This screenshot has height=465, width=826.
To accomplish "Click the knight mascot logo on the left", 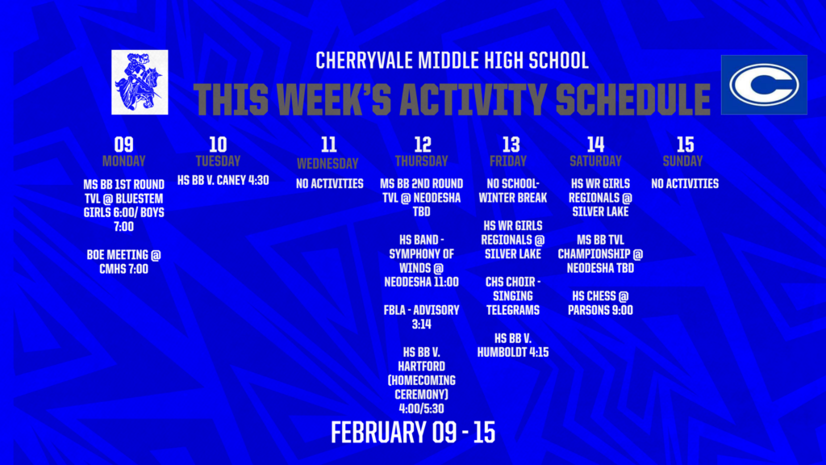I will [140, 82].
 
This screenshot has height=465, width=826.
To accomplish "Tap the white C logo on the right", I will [763, 84].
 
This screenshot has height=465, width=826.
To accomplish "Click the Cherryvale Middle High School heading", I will [452, 61].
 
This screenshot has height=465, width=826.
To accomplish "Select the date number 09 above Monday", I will [123, 145].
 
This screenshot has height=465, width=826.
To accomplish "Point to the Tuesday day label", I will [218, 161].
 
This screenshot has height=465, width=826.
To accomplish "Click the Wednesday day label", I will [328, 163].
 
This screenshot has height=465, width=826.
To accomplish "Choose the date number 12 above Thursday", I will [423, 145].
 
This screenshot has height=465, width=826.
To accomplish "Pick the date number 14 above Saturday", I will [595, 145].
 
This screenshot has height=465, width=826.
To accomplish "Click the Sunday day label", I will [685, 161].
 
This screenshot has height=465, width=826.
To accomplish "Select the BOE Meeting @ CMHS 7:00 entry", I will [123, 262].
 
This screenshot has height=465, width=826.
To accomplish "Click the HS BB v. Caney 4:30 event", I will [223, 180].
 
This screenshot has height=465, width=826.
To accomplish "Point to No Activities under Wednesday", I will [329, 183].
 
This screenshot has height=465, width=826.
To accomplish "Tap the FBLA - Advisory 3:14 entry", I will [423, 317].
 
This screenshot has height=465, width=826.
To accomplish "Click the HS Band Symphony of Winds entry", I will [423, 261].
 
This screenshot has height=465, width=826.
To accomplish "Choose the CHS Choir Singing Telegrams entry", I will [512, 295].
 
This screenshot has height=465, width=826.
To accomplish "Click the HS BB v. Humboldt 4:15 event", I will [512, 345].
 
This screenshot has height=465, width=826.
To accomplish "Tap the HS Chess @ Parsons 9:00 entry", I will [601, 303].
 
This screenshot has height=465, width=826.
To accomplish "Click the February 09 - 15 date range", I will [412, 432].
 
